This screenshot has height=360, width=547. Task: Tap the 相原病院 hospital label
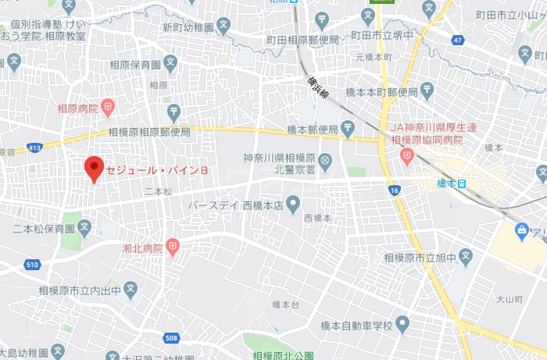(x=77, y=107)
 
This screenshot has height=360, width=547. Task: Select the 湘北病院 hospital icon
(x=173, y=248)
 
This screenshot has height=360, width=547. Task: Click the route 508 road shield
(x=171, y=337)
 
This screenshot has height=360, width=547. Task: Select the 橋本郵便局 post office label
(x=312, y=129)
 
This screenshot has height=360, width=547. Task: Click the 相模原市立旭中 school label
(x=419, y=256)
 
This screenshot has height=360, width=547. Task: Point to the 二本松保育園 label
(x=44, y=229)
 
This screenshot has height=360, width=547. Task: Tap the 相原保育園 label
(x=134, y=65)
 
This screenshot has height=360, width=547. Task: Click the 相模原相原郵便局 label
(x=149, y=132)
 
